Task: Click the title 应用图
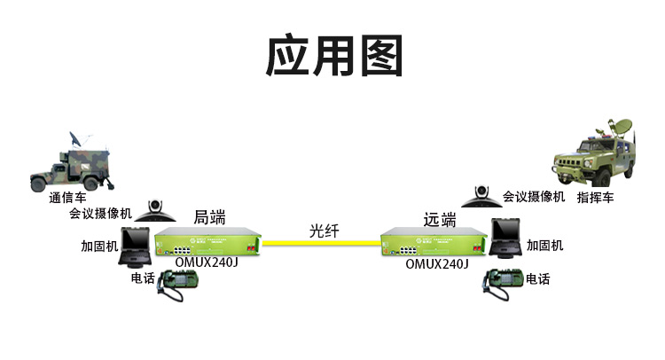pos(334,56)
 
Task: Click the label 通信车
pos(68,198)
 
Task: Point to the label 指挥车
pos(596,198)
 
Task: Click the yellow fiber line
pos(322,243)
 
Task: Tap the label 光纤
pos(325,231)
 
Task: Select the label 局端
pos(209,217)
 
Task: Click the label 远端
pos(440,219)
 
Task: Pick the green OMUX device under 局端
pos(207,242)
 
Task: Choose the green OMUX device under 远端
pos(434,242)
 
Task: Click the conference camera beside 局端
pos(155,211)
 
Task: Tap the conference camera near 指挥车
pos(481,196)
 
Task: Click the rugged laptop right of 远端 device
pos(506,239)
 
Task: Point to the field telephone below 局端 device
pos(177,286)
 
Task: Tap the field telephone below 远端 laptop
pos(502,284)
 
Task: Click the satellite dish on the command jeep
pos(619,127)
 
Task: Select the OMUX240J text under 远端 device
pos(437,264)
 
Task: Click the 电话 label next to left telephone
pos(143,278)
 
